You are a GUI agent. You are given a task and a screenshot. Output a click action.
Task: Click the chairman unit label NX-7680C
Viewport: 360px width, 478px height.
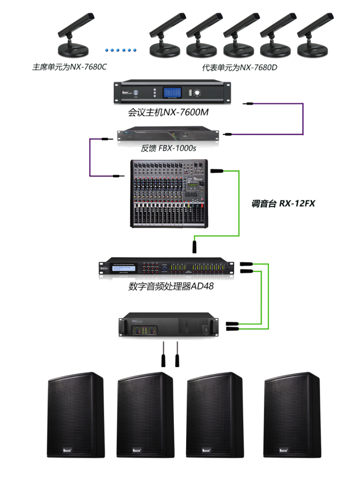pos(70,68)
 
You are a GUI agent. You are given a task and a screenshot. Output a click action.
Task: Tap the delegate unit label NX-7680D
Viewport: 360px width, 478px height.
pos(240,68)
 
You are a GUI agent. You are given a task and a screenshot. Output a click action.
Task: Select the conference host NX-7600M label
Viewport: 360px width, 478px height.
pos(168,113)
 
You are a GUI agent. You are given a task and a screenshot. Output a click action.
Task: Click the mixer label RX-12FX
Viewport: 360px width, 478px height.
pos(283,203)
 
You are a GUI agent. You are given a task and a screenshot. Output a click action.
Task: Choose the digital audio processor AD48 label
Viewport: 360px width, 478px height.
pos(170,287)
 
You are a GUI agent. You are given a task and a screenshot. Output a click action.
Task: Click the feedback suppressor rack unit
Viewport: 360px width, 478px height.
pos(168,134)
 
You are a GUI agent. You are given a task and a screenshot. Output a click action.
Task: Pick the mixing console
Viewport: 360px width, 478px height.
pos(168,193)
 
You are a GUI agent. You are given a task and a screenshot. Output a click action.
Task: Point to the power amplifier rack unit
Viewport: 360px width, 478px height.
pos(168,325)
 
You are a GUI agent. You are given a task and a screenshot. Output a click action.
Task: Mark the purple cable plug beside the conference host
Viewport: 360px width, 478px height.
pos(248,104)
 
